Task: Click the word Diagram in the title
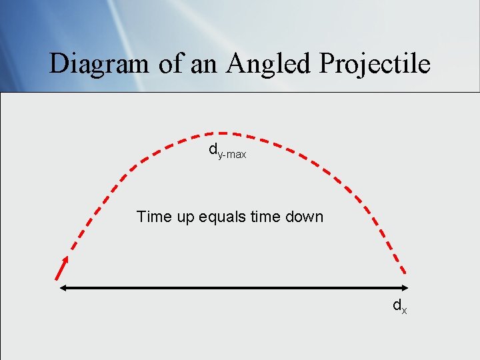coord(100,64)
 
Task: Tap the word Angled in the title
coord(269,64)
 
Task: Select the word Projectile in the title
coord(375,64)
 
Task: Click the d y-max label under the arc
coord(227,152)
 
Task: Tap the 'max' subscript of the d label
coord(236,155)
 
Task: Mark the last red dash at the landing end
coord(402,267)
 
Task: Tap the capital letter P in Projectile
coord(328,64)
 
